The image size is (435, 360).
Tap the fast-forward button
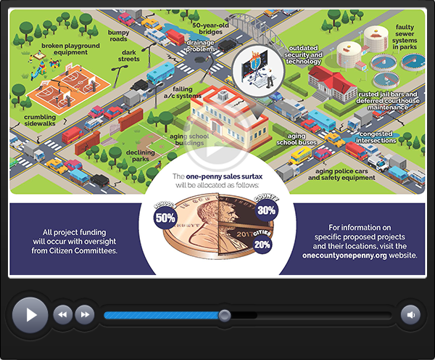click(x=85, y=314)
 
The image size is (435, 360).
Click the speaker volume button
click(x=410, y=314)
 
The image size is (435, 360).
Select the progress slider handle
click(x=225, y=315)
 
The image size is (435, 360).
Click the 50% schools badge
click(x=165, y=216)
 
